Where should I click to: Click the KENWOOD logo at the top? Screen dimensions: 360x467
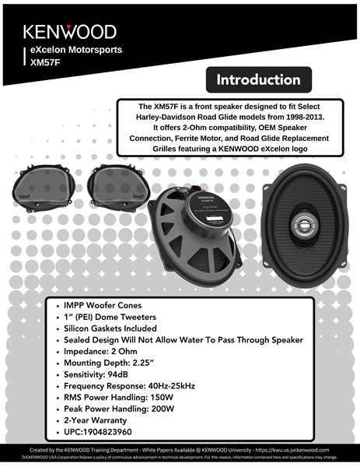pyautogui.click(x=69, y=32)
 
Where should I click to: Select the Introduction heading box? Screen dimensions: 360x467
pyautogui.click(x=258, y=80)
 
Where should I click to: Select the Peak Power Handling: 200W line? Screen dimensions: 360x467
pyautogui.click(x=130, y=409)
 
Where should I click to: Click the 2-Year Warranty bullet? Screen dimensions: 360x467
pyautogui.click(x=102, y=420)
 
